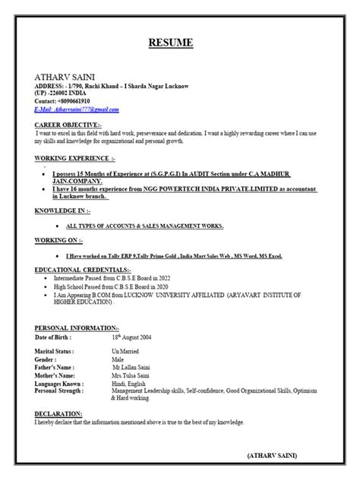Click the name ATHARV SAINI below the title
click(x=62, y=77)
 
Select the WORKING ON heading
click(x=55, y=239)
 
